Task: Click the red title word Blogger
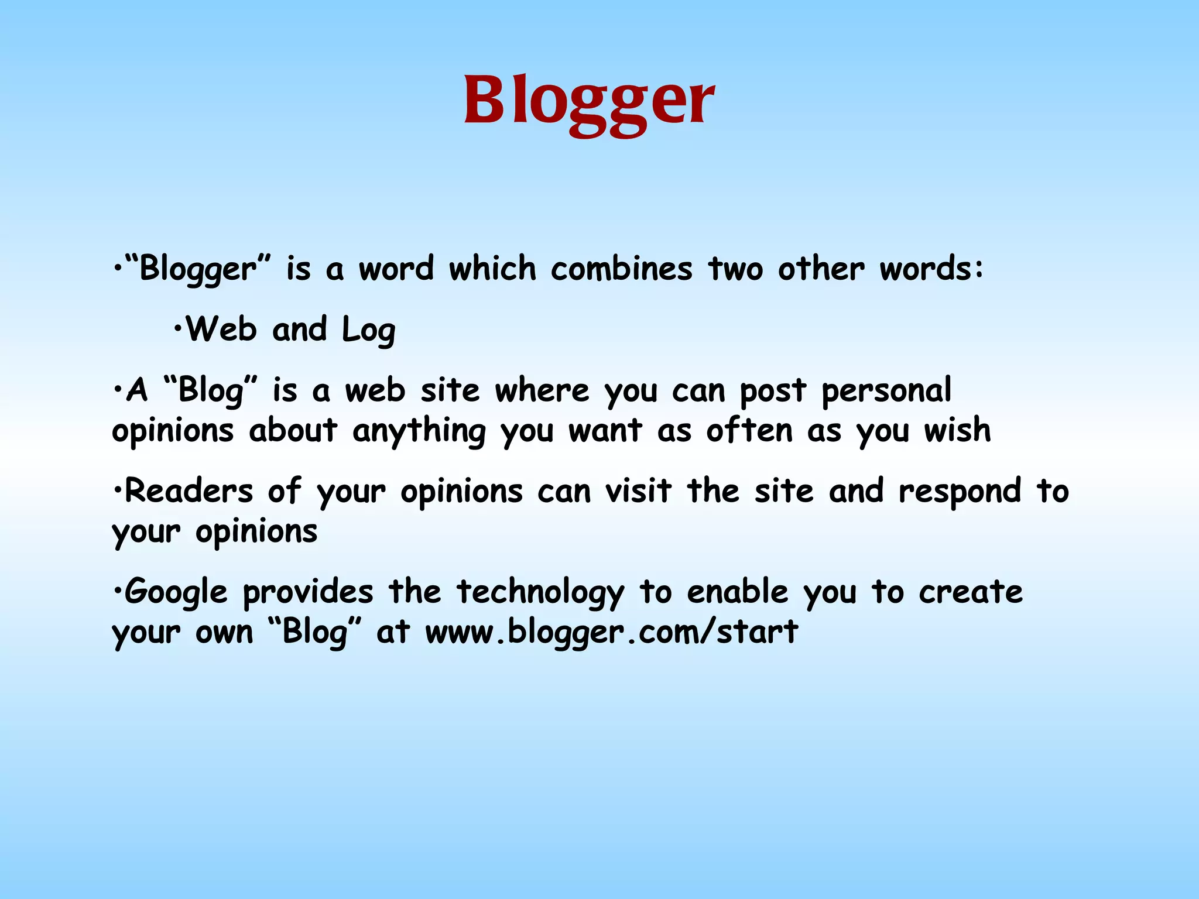point(589,101)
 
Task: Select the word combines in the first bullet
point(621,269)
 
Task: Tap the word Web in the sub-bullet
point(221,329)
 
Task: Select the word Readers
point(189,491)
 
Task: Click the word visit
point(638,491)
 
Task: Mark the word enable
point(738,591)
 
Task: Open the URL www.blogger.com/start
point(611,633)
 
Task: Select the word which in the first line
point(492,269)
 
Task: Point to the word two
point(735,269)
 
